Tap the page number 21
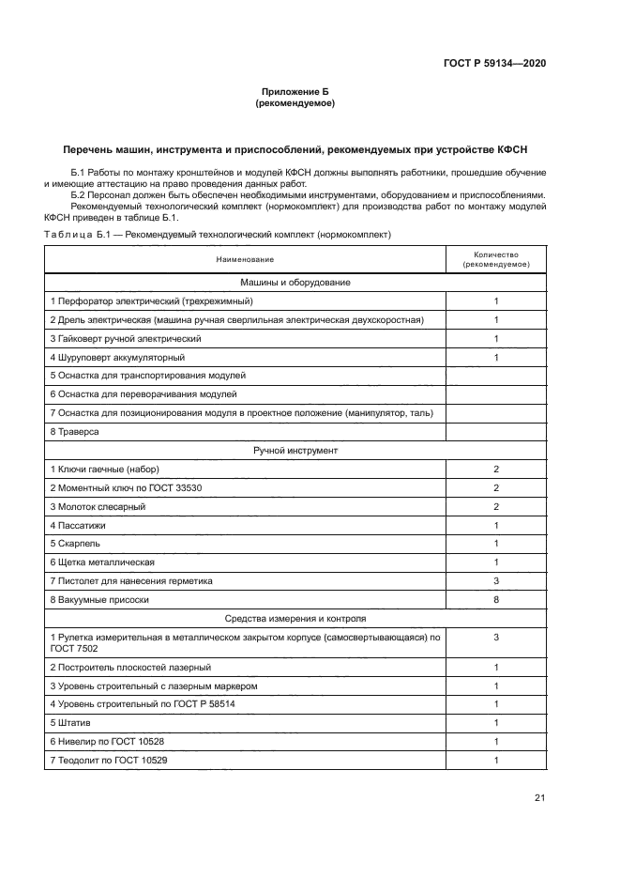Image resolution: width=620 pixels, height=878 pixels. click(x=539, y=798)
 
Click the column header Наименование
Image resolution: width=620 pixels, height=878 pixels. click(x=245, y=258)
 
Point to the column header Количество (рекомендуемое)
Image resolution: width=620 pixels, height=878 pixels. click(x=496, y=259)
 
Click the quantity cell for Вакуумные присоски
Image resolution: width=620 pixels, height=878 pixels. click(x=496, y=599)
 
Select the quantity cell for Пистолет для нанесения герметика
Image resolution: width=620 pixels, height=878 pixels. click(x=496, y=580)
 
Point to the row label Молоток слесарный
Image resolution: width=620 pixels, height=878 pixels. click(x=98, y=506)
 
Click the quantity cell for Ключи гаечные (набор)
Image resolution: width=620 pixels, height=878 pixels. click(x=496, y=469)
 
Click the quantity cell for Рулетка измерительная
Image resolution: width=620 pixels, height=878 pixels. click(x=496, y=638)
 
